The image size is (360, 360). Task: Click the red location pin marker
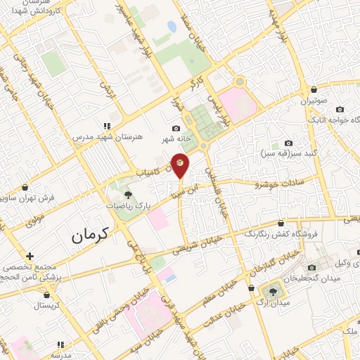click(180, 164)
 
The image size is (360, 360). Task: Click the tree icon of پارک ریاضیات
click(128, 195)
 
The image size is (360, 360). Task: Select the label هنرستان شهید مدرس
click(109, 135)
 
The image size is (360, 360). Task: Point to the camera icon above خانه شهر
click(176, 128)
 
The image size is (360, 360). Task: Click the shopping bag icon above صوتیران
click(314, 90)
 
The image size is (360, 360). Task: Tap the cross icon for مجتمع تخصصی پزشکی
click(29, 256)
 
